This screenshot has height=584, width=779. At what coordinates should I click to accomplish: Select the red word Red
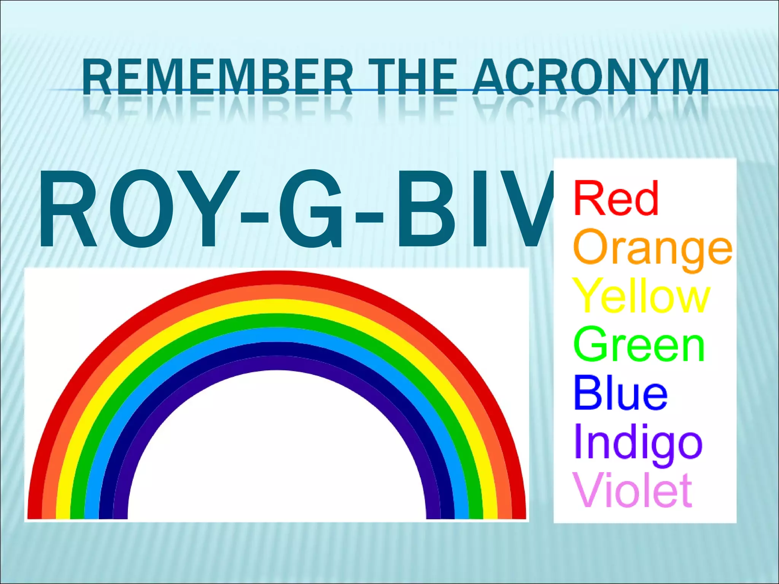(x=616, y=198)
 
